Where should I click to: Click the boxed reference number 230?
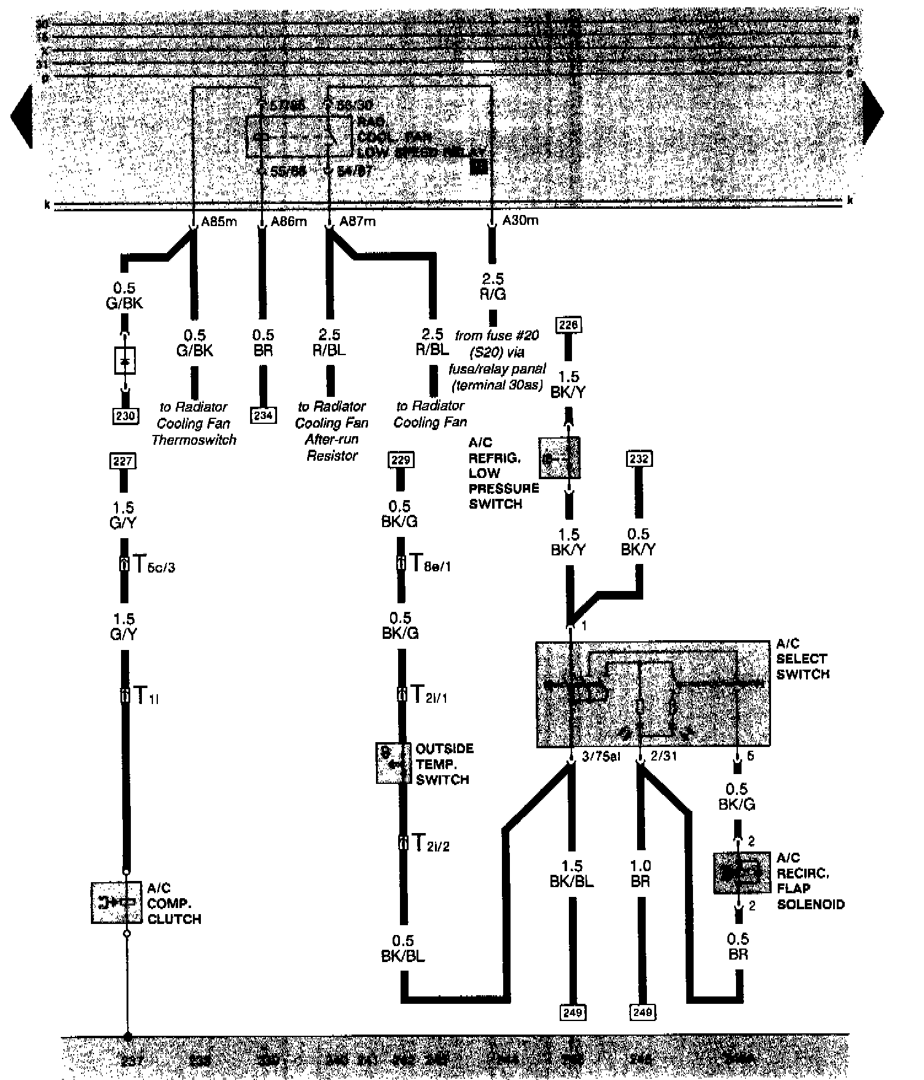coord(125,416)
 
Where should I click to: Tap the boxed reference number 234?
coord(263,415)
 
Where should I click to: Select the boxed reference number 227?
coord(122,460)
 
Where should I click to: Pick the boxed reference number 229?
coord(401,460)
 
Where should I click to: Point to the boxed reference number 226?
coord(568,325)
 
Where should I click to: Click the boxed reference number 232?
coord(639,458)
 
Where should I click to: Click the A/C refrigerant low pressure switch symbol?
coord(559,458)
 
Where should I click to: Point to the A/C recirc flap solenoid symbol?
coord(742,872)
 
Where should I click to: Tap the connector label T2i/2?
coord(430,843)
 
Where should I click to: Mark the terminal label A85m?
coord(219,221)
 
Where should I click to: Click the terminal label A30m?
coord(520,220)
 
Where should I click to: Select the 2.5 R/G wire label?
coord(493,287)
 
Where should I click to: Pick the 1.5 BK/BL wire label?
coord(572,874)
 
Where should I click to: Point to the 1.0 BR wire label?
coord(640,874)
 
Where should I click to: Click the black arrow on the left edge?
coord(22,115)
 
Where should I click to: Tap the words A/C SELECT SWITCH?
coord(802,659)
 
